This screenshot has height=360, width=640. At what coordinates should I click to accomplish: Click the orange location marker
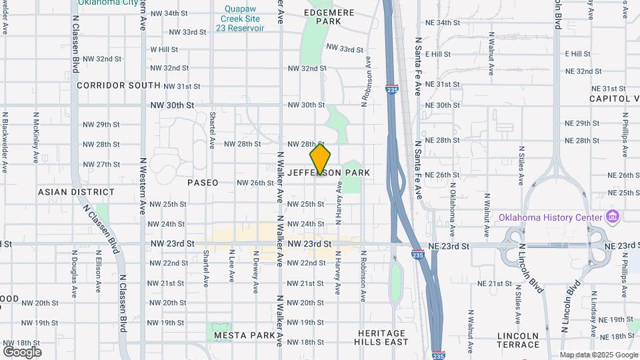click(x=320, y=159)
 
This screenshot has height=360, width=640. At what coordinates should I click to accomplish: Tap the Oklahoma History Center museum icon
click(x=612, y=217)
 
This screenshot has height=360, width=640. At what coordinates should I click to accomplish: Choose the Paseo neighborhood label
click(x=203, y=183)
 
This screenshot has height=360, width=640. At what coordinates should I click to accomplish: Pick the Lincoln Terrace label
click(x=518, y=340)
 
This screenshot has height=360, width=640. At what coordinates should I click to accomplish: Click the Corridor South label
click(x=119, y=85)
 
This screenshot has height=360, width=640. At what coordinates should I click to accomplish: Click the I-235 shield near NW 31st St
click(x=392, y=88)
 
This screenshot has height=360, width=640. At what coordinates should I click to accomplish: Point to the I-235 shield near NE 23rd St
click(x=417, y=255)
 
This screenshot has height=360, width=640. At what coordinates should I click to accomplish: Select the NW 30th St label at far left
click(x=172, y=105)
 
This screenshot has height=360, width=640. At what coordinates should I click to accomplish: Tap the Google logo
click(x=22, y=352)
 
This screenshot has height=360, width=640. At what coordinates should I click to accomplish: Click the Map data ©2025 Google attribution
click(x=598, y=355)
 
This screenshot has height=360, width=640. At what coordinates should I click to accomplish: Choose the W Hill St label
click(x=164, y=49)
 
